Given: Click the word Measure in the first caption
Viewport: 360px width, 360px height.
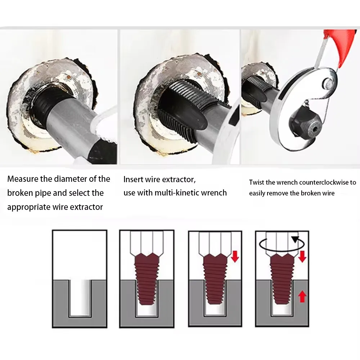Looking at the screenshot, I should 22,179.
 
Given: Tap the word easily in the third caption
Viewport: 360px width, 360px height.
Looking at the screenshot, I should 258,193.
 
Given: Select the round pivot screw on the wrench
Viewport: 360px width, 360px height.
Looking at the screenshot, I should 329,84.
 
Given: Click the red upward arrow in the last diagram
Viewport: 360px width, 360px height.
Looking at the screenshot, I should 302,297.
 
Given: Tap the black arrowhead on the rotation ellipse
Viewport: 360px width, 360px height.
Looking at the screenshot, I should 296,239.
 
